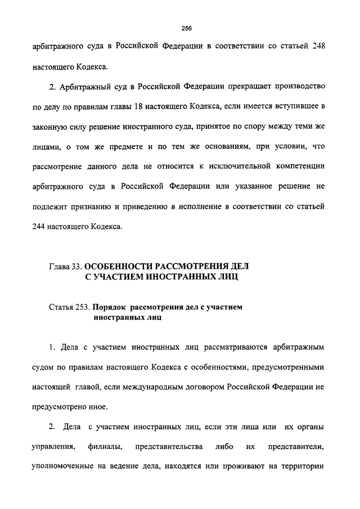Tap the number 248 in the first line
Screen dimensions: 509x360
click(316, 47)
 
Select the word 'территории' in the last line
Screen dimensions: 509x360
click(304, 467)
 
